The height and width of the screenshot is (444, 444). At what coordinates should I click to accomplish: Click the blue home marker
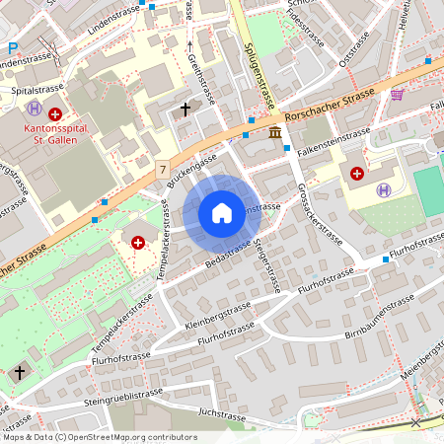221,212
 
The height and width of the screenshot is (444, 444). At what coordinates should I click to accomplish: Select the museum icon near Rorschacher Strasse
273,132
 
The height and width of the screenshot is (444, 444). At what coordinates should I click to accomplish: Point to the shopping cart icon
397,95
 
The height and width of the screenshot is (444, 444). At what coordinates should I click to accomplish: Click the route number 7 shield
161,170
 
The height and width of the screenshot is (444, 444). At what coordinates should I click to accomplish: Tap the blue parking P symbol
13,48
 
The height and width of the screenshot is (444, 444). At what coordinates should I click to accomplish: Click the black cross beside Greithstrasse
185,107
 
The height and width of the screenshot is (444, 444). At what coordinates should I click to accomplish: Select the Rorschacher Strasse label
328,99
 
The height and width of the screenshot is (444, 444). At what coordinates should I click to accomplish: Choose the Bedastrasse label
228,255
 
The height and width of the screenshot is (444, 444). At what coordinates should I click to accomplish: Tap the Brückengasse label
191,170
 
